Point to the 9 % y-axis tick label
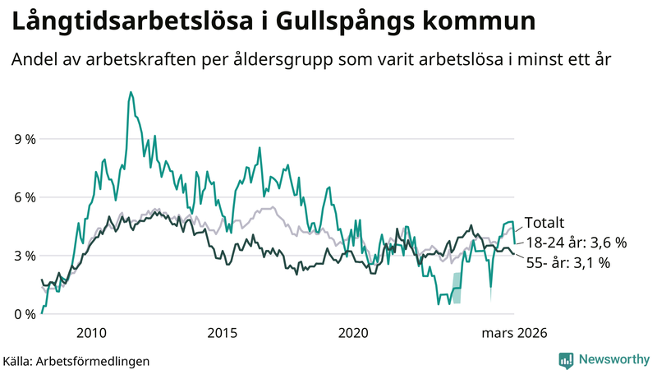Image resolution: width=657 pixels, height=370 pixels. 24,140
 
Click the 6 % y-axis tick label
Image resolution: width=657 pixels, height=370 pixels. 24,198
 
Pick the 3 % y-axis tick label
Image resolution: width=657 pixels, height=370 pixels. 24,257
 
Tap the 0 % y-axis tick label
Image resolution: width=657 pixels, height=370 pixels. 24,315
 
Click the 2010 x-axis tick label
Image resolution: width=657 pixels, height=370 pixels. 91,333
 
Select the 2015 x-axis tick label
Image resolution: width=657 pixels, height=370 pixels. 222,333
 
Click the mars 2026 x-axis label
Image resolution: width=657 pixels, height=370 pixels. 514,333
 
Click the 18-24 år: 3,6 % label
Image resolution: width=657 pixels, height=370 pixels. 576,243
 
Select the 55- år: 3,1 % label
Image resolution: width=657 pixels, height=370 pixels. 567,263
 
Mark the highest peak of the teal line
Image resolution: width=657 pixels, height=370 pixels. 131,92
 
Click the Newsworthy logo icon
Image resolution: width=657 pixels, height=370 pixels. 566,359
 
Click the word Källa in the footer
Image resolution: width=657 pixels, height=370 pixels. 18,360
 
